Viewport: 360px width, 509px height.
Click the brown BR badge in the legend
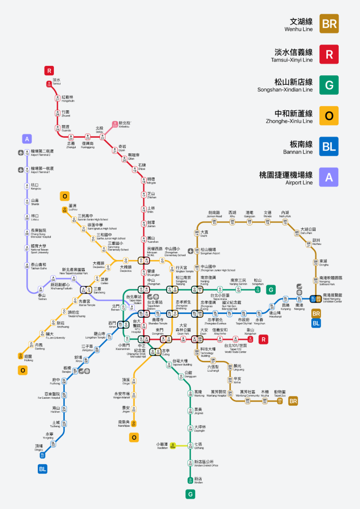coord(329,24)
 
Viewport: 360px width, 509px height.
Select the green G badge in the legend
coord(329,85)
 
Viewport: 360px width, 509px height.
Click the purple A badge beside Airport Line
coord(329,178)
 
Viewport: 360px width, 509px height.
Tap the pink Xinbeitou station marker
coord(115,125)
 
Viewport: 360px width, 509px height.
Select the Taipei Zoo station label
coord(280,393)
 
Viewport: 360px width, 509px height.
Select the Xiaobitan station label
coord(162,446)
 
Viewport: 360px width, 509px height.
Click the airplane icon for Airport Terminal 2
coord(20,153)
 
